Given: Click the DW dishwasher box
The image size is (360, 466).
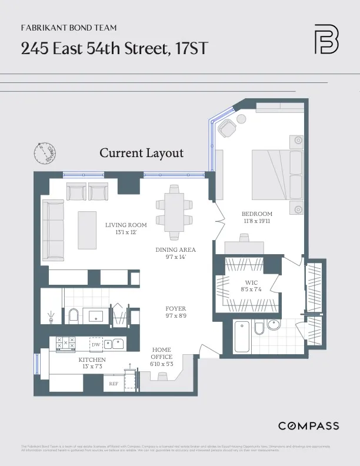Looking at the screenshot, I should tap(96, 344).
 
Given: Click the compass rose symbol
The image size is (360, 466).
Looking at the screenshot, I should tap(44, 153).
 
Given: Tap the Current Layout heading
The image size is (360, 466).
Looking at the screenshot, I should tap(141, 153).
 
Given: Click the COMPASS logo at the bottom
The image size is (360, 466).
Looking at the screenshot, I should tap(308, 425).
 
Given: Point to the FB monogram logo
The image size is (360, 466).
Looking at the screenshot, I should tap(326, 39).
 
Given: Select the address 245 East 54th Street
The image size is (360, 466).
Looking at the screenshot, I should tap(115, 49).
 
